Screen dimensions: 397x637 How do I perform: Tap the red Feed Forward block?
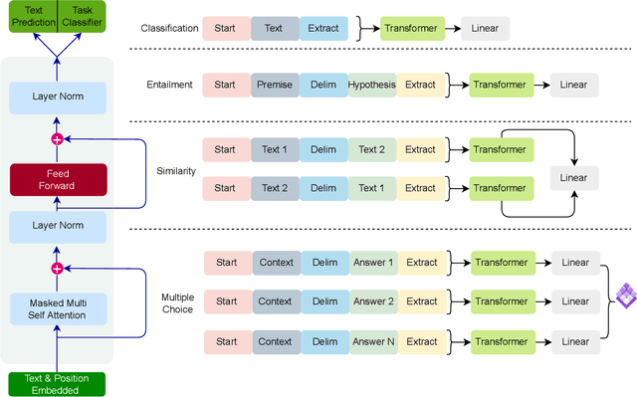[x=57, y=180]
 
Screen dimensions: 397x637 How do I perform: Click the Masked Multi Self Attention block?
[x=57, y=307]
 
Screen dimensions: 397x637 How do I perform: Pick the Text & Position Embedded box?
[x=57, y=383]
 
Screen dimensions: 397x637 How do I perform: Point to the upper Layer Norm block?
[x=57, y=98]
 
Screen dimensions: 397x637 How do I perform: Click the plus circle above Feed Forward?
[x=57, y=139]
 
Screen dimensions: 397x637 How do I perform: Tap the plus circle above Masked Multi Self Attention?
[x=57, y=268]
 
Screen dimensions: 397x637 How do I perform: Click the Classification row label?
[x=169, y=29]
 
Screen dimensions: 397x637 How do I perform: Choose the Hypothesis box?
[x=370, y=86]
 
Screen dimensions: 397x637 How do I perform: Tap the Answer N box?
[x=372, y=341]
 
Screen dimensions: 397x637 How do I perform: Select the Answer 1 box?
[x=372, y=263]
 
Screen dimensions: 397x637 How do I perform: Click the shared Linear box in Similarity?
[x=575, y=177]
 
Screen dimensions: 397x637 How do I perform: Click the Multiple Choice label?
[x=177, y=302]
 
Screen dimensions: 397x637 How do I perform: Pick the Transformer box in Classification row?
[x=413, y=29]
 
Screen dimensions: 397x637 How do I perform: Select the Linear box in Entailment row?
[x=575, y=86]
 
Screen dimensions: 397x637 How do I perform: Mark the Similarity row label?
[x=176, y=170]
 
